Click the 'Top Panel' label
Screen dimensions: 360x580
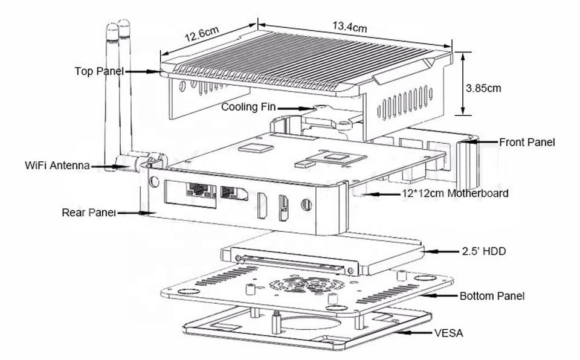click(99, 71)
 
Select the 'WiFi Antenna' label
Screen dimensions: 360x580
click(58, 165)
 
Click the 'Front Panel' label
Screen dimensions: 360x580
click(526, 143)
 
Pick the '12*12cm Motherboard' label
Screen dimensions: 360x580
click(455, 194)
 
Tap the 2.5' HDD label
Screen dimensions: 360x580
click(483, 250)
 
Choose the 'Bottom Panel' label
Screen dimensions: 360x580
click(492, 296)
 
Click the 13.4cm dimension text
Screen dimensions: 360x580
click(349, 27)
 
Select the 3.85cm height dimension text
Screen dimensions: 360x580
click(483, 88)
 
